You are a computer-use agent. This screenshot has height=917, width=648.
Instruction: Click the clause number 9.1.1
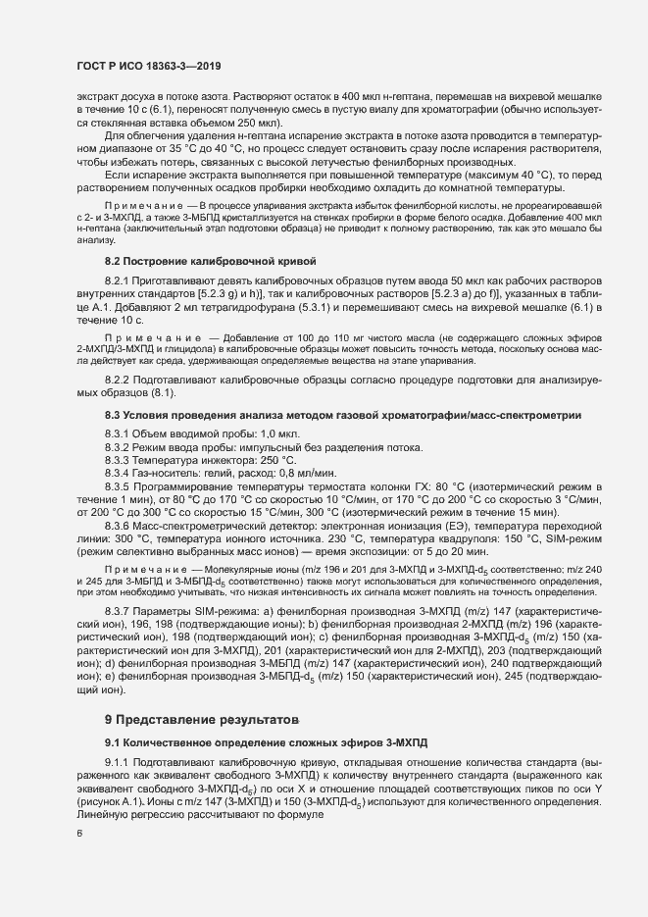tap(119, 763)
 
